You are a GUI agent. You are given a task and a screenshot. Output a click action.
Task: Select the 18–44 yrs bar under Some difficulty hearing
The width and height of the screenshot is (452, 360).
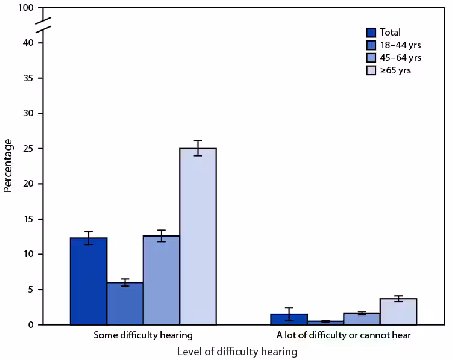(125, 303)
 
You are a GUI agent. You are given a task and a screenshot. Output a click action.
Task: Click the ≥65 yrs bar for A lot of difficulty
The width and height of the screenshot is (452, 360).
(398, 312)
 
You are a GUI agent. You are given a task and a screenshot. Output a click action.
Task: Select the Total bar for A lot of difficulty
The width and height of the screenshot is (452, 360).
(289, 319)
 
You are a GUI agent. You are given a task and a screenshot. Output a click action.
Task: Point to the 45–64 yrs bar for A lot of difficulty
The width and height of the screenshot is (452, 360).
(362, 319)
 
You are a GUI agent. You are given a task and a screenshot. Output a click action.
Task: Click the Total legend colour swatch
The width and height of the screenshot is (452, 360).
(372, 33)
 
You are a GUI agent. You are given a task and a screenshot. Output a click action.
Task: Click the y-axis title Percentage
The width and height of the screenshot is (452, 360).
(8, 166)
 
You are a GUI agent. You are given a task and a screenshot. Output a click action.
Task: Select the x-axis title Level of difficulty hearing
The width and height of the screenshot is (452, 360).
(237, 351)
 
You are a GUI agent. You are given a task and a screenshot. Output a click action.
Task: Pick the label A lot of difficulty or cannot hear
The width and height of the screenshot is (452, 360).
(344, 335)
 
